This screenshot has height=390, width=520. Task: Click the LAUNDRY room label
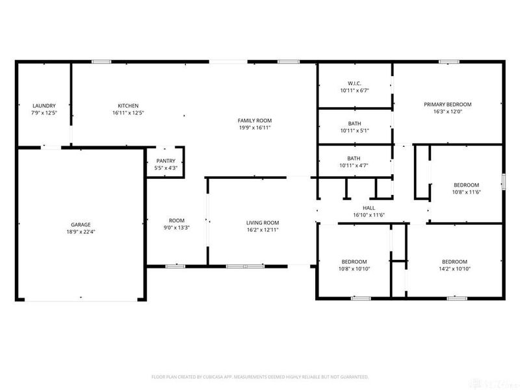(x=44, y=105)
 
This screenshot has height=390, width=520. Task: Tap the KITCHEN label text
(x=127, y=105)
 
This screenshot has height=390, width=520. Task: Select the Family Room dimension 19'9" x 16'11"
(x=254, y=128)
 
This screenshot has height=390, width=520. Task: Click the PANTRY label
(x=166, y=161)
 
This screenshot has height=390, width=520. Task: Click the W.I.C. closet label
(x=354, y=83)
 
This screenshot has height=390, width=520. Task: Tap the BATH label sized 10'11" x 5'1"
(x=354, y=123)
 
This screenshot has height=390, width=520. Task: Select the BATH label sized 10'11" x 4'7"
(x=354, y=158)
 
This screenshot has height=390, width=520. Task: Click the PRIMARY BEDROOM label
(x=447, y=104)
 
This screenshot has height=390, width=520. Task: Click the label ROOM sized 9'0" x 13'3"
(x=177, y=220)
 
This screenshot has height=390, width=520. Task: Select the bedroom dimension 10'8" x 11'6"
(x=465, y=192)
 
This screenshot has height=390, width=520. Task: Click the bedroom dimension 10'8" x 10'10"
(x=354, y=268)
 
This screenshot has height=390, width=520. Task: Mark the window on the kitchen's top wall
(x=101, y=62)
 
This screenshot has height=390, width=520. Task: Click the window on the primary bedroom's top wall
(x=448, y=62)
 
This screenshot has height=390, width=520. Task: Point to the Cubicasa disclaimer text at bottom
(x=260, y=376)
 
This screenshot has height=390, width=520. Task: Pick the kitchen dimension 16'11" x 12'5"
(x=127, y=112)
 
